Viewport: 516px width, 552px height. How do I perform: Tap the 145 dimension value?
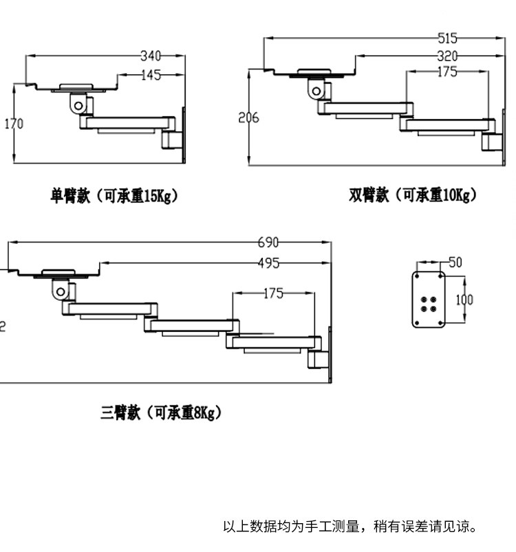[151, 76]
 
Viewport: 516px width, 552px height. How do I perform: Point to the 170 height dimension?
[14, 124]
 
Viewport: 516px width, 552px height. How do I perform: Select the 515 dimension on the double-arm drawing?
[447, 38]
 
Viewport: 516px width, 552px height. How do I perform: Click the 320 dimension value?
[447, 56]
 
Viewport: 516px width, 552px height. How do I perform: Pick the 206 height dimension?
[248, 118]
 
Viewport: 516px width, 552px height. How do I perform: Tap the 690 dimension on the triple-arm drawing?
[268, 242]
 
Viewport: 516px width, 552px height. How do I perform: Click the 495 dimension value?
[268, 263]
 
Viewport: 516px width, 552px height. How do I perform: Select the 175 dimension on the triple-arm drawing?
[273, 294]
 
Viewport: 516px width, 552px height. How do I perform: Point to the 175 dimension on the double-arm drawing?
[447, 72]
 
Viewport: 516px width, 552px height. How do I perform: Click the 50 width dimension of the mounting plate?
[455, 262]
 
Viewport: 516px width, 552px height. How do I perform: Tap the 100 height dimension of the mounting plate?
[464, 300]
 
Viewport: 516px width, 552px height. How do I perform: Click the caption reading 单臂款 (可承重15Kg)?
[114, 196]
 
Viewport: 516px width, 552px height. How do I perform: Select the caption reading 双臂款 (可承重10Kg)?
[413, 196]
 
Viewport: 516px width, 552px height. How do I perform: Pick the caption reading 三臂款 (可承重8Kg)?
[162, 412]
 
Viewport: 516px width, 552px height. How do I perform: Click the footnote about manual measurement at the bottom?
[350, 527]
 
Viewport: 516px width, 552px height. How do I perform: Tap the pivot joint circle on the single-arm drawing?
[78, 105]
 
